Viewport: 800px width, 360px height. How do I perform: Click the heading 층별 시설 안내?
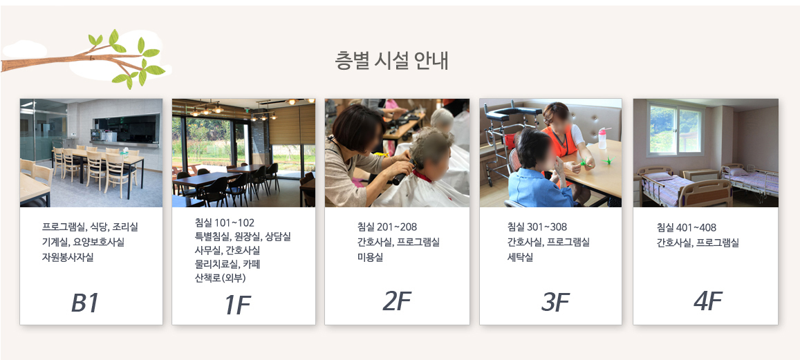click(x=391, y=61)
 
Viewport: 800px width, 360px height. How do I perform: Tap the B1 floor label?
click(x=84, y=303)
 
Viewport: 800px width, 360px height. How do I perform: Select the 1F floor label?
click(x=237, y=305)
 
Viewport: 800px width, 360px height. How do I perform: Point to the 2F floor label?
click(x=396, y=301)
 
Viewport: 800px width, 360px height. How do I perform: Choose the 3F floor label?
click(x=555, y=303)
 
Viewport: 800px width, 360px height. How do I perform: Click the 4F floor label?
click(x=707, y=301)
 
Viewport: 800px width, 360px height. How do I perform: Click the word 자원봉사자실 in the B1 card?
click(x=68, y=258)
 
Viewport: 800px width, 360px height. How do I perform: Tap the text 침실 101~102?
click(x=225, y=222)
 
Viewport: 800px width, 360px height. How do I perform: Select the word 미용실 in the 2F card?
click(x=370, y=257)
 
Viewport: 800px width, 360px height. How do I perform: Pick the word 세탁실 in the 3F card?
click(x=520, y=258)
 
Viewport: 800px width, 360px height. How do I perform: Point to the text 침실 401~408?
click(x=687, y=227)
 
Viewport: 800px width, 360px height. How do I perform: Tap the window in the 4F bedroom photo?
click(x=675, y=129)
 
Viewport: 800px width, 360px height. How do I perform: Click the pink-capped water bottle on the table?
click(x=603, y=138)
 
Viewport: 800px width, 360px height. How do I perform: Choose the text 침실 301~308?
click(x=537, y=227)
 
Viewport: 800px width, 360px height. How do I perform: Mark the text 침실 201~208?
click(x=387, y=227)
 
